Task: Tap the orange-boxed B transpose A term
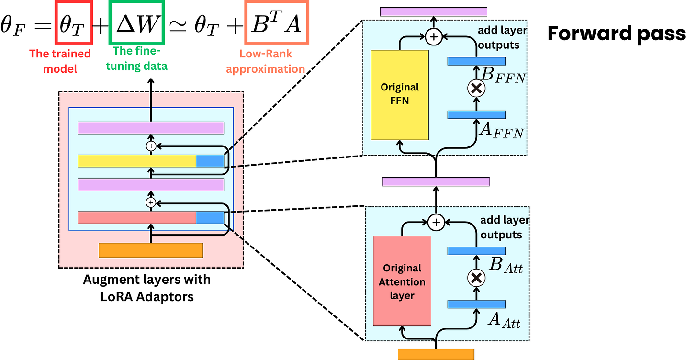(x=276, y=24)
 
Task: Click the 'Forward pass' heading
(x=616, y=34)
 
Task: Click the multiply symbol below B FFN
(x=476, y=88)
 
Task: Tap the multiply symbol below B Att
(x=476, y=278)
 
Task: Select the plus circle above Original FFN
(x=434, y=37)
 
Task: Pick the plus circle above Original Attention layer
(x=436, y=222)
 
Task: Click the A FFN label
(x=502, y=129)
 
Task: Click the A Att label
(x=504, y=320)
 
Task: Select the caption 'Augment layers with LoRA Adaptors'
(x=147, y=288)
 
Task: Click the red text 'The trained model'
(x=60, y=61)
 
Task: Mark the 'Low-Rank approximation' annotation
(x=265, y=61)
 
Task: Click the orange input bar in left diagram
(x=151, y=250)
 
